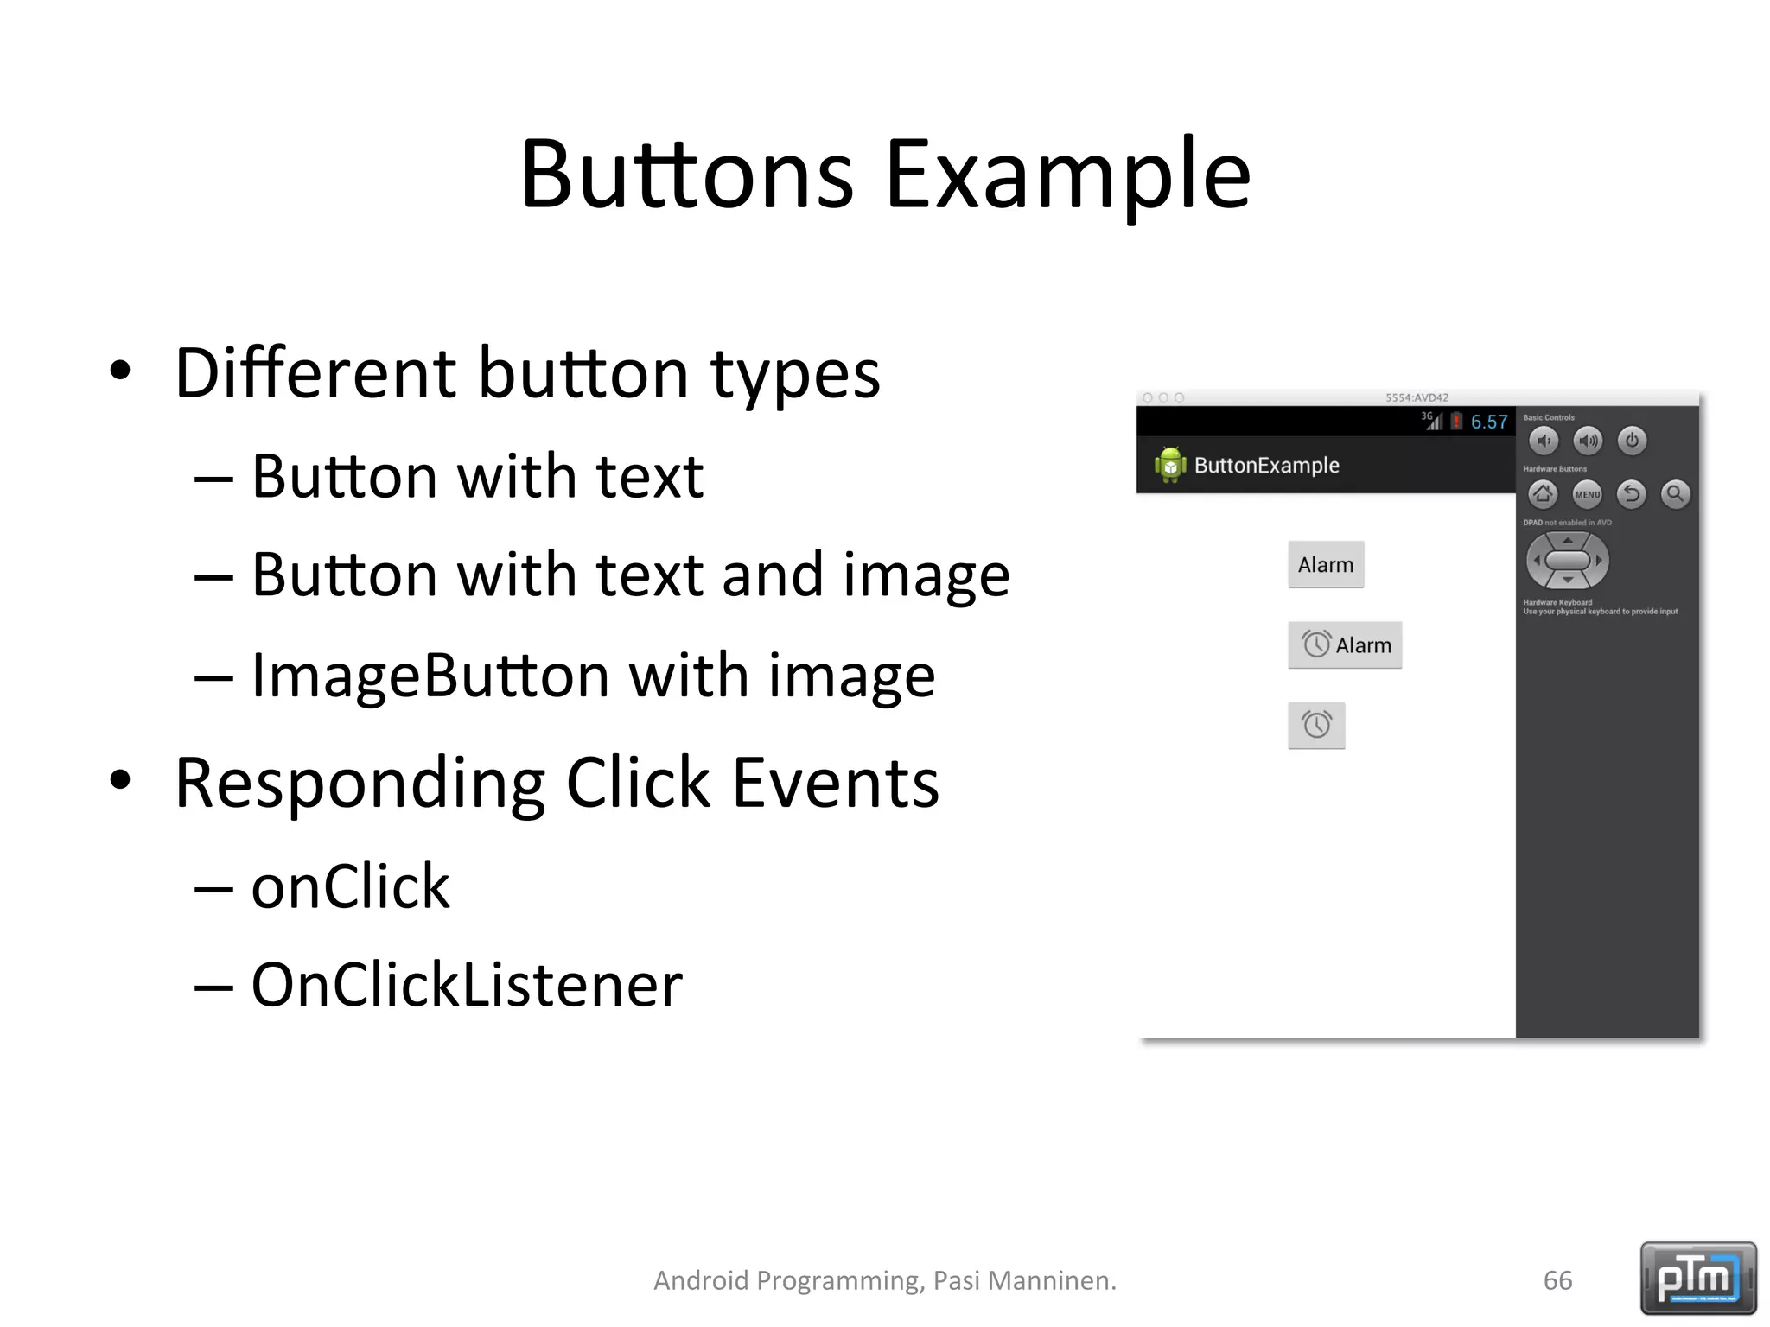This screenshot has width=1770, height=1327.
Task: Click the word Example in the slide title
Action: [1067, 175]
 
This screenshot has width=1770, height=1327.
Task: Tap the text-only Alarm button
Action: [1326, 565]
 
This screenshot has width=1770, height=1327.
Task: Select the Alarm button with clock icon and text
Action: [1345, 645]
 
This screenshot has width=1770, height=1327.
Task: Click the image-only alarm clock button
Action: [1316, 725]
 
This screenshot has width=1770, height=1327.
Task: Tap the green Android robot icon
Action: [1169, 465]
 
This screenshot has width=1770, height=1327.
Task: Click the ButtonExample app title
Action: [1266, 466]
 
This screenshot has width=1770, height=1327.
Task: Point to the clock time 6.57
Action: [1489, 422]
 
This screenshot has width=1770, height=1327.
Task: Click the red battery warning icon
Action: [1456, 422]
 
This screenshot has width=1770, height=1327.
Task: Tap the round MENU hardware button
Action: [1587, 494]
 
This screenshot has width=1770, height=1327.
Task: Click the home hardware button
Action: [1543, 494]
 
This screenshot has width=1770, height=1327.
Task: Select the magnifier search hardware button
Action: [1675, 494]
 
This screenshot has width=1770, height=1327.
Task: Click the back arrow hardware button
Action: [1631, 494]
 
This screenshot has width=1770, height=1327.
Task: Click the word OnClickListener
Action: [467, 985]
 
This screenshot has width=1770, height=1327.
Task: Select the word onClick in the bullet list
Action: [350, 886]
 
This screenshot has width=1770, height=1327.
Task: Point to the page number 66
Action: [1557, 1280]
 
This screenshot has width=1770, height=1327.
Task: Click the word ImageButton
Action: [430, 676]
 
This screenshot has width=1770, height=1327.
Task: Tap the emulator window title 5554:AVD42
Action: [1417, 397]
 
